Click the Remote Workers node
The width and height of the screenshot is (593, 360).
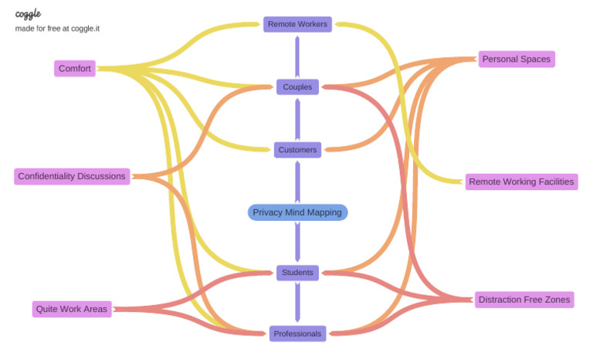pos(297,24)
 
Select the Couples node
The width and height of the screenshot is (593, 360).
pos(297,87)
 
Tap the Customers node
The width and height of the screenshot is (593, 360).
pos(297,150)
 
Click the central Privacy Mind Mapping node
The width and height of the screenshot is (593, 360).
pos(297,212)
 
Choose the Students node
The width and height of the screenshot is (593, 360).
pos(297,272)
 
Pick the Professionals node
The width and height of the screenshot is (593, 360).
pos(297,334)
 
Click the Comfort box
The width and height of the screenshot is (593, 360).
pos(75,69)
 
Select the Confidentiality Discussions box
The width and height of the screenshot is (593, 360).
pos(71,176)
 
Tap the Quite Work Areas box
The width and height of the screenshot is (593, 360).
pos(72,309)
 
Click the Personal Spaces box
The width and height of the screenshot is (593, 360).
pos(517,59)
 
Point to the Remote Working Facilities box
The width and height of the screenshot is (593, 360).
pos(521,182)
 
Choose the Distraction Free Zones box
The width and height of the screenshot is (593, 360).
pos(524,300)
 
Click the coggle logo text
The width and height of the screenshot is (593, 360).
pos(28,14)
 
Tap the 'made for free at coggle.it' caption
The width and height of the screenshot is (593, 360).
pos(57,29)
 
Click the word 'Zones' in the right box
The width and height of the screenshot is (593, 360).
pos(557,300)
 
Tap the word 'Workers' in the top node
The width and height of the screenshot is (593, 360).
pos(313,24)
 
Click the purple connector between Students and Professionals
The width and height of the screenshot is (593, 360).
pos(297,303)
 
